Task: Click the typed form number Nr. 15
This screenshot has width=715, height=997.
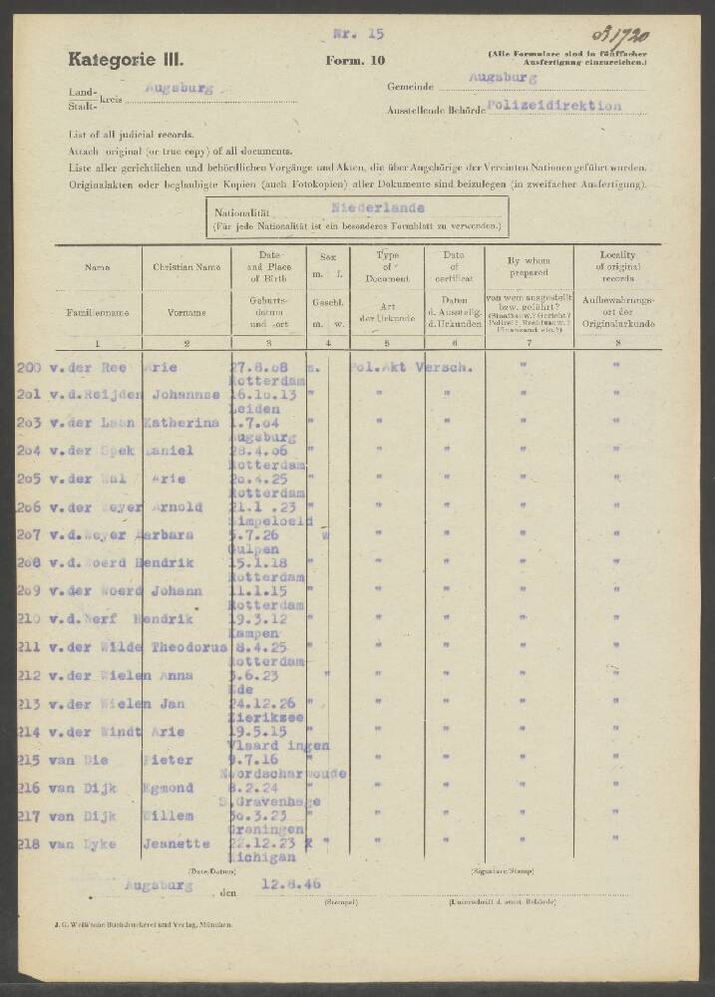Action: click(x=358, y=34)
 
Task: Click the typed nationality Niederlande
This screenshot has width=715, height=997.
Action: click(x=377, y=208)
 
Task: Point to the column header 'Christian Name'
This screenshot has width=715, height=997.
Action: click(x=186, y=267)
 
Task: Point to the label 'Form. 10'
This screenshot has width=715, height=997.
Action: click(x=355, y=61)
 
